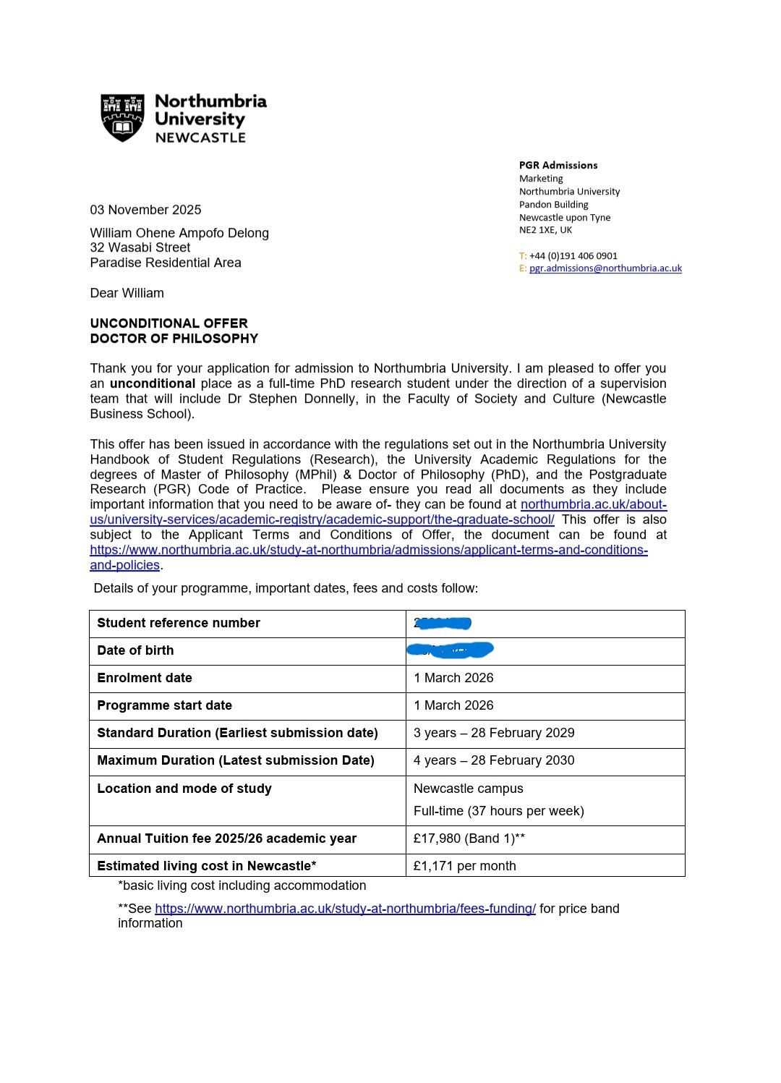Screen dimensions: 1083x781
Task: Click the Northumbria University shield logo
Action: [122, 117]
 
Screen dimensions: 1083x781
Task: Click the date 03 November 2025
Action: [145, 210]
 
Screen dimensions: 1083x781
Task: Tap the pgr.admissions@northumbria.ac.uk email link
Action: [605, 268]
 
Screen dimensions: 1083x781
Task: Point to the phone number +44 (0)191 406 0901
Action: [573, 255]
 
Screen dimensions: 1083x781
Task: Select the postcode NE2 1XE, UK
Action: [545, 230]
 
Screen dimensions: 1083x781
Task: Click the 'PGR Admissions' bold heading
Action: [558, 165]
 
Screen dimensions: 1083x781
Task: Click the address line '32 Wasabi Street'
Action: [140, 247]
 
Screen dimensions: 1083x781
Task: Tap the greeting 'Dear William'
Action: [127, 293]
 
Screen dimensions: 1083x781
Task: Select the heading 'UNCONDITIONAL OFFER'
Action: [168, 323]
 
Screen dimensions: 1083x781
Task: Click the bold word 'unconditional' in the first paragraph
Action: [153, 383]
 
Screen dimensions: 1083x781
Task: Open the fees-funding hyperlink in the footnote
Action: [345, 909]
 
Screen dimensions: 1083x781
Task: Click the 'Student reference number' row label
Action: [179, 623]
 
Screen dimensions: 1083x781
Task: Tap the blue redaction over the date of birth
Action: [450, 650]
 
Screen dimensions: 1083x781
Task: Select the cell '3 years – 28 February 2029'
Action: [494, 733]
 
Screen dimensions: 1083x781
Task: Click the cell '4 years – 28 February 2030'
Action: [494, 760]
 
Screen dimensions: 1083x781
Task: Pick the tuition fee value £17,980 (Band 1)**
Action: [469, 838]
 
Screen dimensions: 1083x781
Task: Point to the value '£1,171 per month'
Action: [465, 866]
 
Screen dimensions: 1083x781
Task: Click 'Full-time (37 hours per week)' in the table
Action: [499, 811]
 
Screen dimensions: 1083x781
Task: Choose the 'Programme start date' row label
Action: [165, 705]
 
